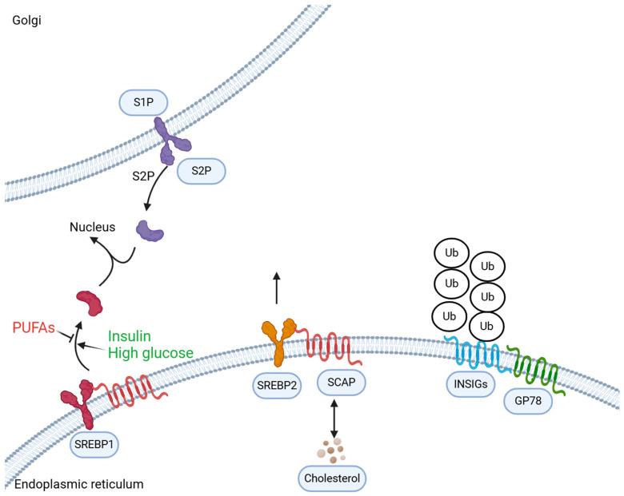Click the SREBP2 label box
pos(276,384)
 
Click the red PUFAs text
pos(33,327)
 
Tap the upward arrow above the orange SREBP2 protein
pos(276,288)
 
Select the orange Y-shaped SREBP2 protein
pos(277,337)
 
